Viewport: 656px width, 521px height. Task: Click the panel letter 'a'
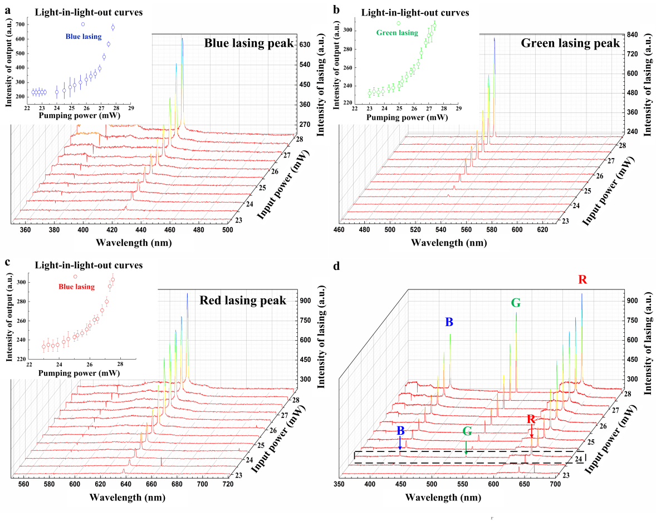(7, 9)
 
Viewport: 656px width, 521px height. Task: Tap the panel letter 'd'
(336, 266)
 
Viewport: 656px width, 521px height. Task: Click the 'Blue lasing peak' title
(248, 43)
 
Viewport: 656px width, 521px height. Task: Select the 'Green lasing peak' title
(570, 43)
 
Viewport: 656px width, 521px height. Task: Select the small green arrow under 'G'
(466, 447)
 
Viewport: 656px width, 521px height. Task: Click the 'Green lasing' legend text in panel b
(396, 33)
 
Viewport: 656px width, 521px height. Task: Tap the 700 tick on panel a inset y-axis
(21, 25)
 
